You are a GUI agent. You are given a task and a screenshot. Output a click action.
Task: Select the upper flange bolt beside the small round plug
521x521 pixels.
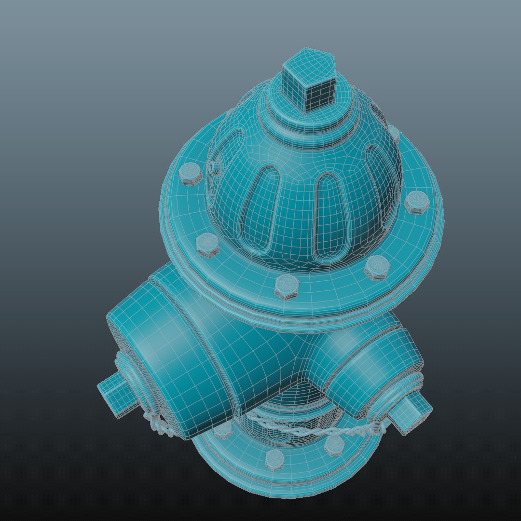[191, 174]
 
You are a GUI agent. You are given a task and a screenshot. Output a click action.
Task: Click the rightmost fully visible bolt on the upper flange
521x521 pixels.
[416, 202]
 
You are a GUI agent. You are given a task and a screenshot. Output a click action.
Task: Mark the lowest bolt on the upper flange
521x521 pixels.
[287, 287]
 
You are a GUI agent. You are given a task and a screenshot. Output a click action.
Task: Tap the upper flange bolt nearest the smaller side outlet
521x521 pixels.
[377, 267]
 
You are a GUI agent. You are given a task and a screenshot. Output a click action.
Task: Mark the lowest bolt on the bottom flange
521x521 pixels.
[274, 460]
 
